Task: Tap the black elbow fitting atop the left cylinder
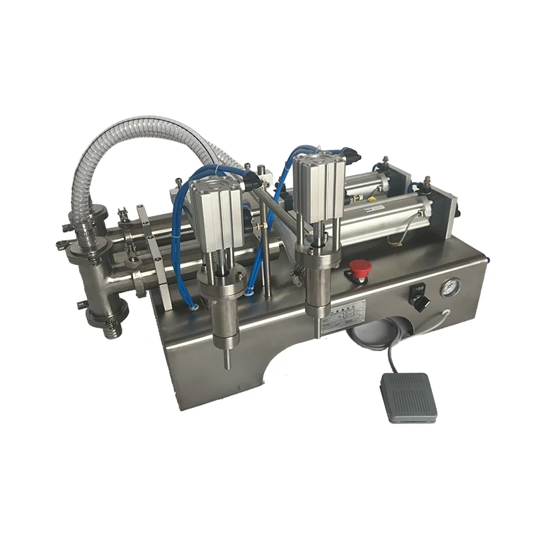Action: point(252,179)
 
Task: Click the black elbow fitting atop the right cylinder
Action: point(352,157)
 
